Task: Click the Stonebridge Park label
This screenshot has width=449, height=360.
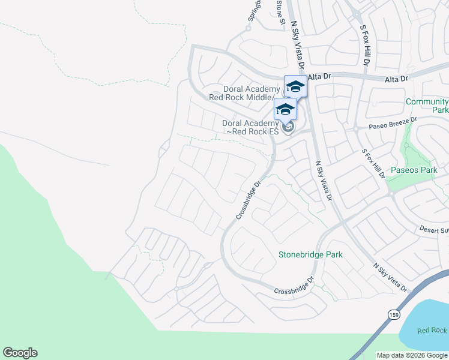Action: (310, 254)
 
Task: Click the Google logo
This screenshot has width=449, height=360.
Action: (20, 353)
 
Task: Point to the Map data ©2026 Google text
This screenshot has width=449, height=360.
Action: (412, 355)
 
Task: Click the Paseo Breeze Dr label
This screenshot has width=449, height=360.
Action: (384, 124)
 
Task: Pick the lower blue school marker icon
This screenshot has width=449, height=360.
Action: (285, 109)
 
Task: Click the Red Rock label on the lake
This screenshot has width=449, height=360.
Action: (432, 331)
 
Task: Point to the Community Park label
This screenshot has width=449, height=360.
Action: (427, 106)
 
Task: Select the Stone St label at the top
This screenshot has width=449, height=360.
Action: (280, 12)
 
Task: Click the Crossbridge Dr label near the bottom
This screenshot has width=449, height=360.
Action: (294, 286)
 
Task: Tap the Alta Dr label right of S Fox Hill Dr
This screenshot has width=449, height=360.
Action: (396, 79)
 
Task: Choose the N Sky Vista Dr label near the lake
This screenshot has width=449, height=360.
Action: (390, 278)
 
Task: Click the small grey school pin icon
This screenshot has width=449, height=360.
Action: (288, 127)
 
